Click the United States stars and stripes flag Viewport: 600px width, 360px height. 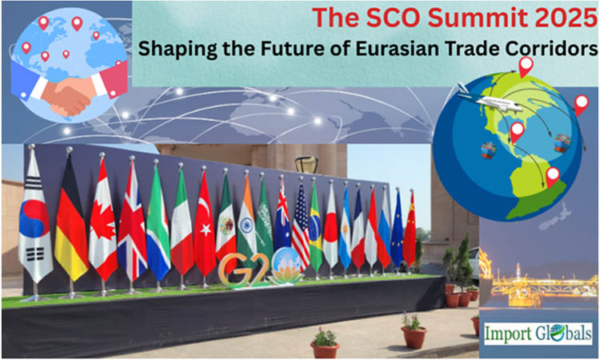tap(301, 228)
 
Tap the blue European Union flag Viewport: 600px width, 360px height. tap(397, 228)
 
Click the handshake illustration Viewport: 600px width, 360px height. tap(68, 93)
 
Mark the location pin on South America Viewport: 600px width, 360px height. tap(551, 176)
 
